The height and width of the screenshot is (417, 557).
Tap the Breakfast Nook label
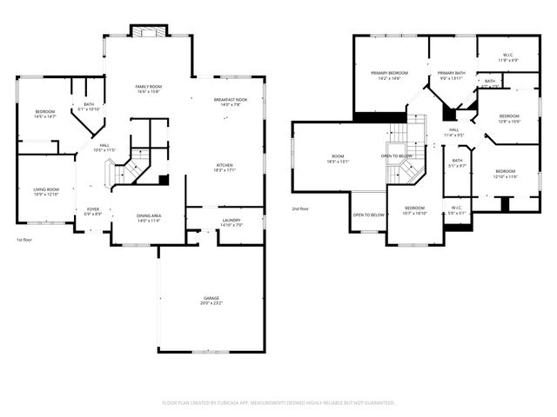click(x=230, y=100)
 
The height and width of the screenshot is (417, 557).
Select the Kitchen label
click(x=225, y=165)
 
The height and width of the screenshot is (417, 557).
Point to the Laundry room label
click(x=231, y=221)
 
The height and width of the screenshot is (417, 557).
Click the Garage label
click(x=211, y=298)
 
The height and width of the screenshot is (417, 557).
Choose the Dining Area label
click(x=148, y=215)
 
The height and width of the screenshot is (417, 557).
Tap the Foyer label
click(x=92, y=209)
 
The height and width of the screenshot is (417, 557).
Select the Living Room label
click(x=46, y=189)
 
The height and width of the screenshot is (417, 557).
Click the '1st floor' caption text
click(x=25, y=240)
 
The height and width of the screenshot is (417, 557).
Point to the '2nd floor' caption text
click(x=300, y=209)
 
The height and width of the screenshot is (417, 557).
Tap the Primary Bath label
click(x=452, y=73)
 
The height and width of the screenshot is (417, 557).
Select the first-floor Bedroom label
click(x=45, y=111)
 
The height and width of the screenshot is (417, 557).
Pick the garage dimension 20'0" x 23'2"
click(x=211, y=303)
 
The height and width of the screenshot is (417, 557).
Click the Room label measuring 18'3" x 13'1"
click(x=337, y=157)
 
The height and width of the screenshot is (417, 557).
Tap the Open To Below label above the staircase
click(x=397, y=156)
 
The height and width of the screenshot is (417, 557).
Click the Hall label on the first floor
click(x=104, y=145)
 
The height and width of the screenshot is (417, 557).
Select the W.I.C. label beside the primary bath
click(x=508, y=56)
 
